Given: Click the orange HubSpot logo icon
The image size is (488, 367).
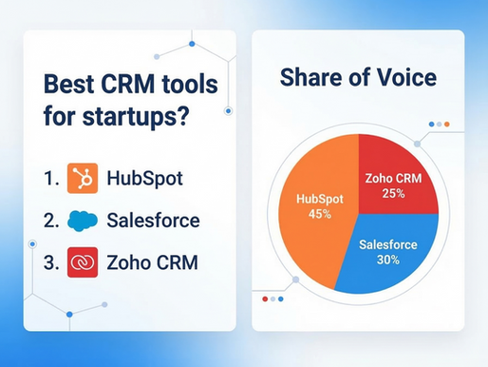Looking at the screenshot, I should click(x=83, y=178).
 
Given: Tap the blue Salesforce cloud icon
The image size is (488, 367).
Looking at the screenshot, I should click(x=83, y=221).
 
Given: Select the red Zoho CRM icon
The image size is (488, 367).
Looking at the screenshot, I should click(x=83, y=262).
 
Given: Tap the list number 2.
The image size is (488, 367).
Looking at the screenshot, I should click(x=49, y=221).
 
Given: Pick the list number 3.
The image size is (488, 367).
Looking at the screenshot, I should click(x=49, y=262).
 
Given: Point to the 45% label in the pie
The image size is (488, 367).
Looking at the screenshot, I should click(x=319, y=215).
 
